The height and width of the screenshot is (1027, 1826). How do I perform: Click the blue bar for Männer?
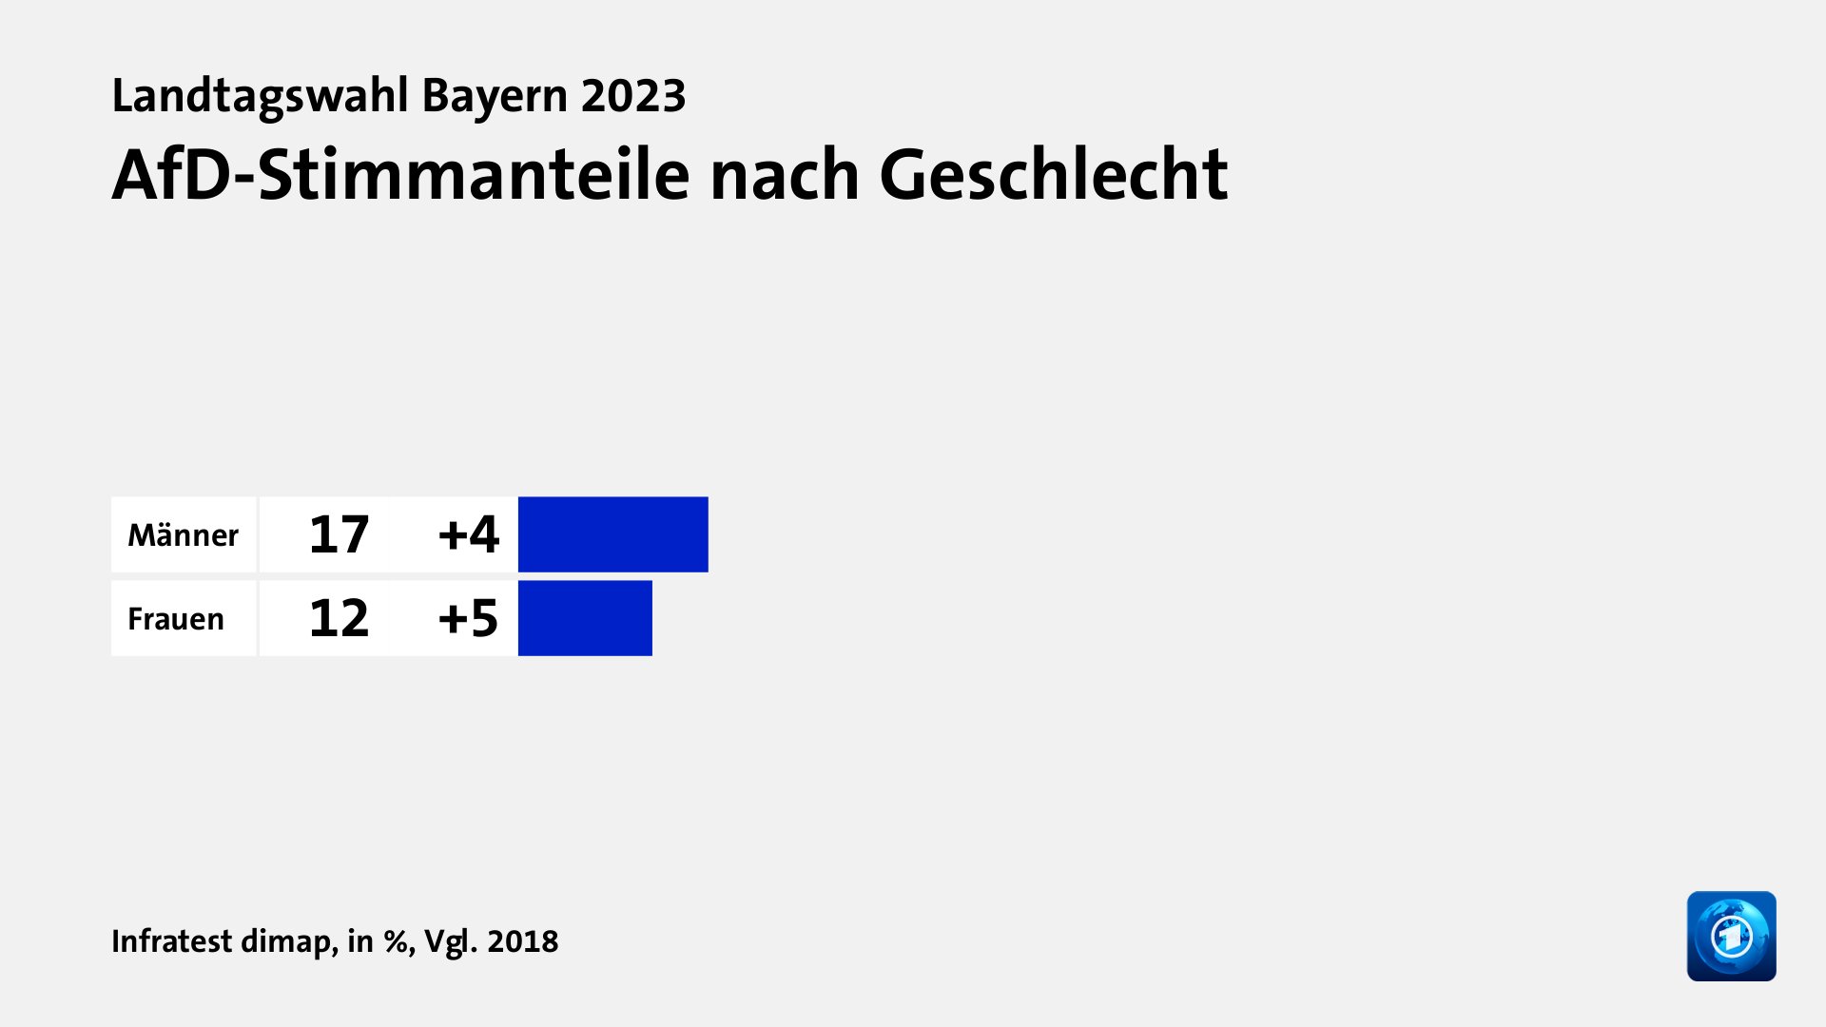[x=612, y=534]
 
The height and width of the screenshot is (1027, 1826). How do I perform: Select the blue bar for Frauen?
[x=585, y=618]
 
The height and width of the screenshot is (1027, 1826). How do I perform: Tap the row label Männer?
[x=183, y=535]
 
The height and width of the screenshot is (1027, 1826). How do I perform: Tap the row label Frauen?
[x=176, y=619]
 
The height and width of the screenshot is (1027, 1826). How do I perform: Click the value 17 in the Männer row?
[x=339, y=534]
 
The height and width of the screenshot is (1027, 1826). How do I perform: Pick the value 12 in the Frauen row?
[x=339, y=618]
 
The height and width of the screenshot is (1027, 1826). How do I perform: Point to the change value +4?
[x=468, y=534]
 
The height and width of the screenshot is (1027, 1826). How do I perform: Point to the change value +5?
[x=468, y=618]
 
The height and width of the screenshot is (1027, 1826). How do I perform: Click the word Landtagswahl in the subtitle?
[x=260, y=96]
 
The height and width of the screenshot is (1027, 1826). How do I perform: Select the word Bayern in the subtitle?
[x=494, y=96]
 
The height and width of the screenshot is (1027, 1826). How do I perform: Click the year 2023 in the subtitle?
[x=633, y=96]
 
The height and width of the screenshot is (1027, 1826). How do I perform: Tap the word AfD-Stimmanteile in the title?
[x=399, y=175]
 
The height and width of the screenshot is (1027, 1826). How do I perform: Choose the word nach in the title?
[x=785, y=175]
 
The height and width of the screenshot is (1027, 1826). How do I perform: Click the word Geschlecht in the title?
[x=1054, y=175]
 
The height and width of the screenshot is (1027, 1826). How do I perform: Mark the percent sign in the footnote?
[x=396, y=941]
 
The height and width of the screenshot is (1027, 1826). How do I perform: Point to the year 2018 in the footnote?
[x=522, y=941]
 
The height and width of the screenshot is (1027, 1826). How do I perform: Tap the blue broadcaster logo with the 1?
[x=1731, y=936]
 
